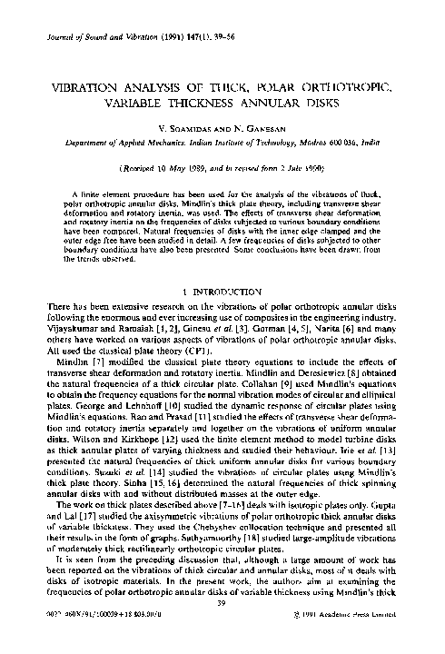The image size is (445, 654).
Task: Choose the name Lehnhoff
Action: pyautogui.click(x=138, y=401)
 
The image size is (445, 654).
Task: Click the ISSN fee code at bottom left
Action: pyautogui.click(x=77, y=640)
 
